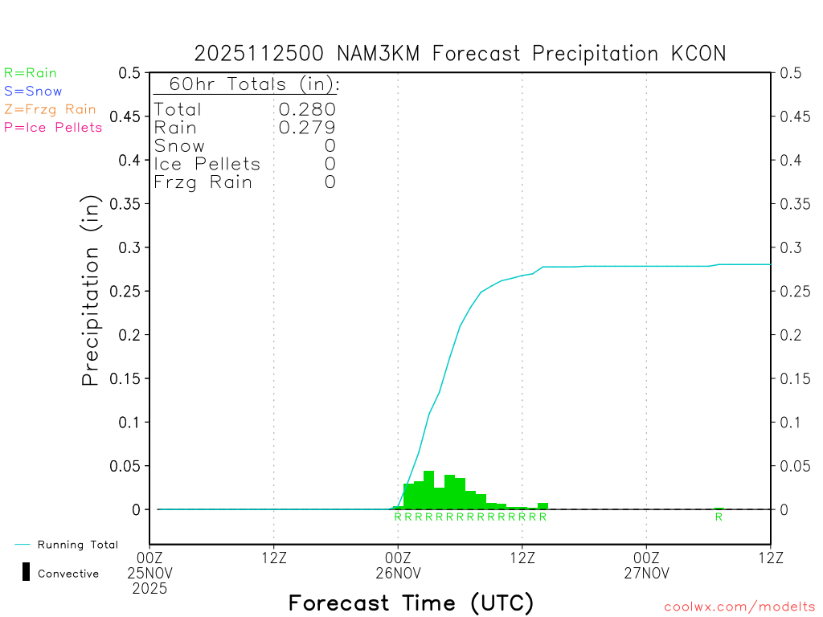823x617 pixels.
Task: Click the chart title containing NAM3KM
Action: click(x=460, y=54)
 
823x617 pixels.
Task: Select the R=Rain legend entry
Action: click(x=31, y=73)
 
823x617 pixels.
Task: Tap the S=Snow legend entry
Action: click(x=33, y=92)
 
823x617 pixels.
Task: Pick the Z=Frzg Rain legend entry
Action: click(x=50, y=109)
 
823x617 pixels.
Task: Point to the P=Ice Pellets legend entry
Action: click(x=53, y=127)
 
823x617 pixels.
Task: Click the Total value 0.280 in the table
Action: click(x=307, y=109)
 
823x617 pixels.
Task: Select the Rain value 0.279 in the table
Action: click(x=307, y=127)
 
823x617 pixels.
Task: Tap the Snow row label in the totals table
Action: click(x=179, y=145)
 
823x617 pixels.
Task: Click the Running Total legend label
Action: click(x=77, y=545)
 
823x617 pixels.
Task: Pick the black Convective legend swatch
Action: click(x=26, y=572)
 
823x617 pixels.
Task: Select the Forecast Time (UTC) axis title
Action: click(x=411, y=603)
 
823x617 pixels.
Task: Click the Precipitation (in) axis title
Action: click(x=91, y=291)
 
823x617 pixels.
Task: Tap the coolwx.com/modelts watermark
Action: click(x=739, y=607)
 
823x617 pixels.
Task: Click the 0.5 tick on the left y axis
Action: click(x=129, y=73)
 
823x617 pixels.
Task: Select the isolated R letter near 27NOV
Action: click(x=719, y=517)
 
